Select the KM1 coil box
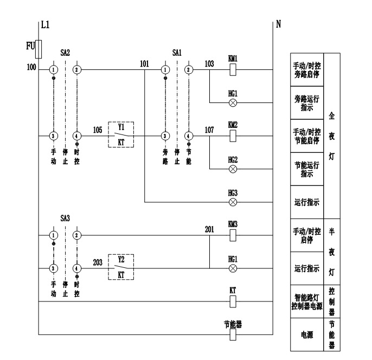click(233, 70)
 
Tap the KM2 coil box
click(233, 135)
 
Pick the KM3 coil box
click(233, 235)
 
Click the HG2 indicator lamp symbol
click(233, 168)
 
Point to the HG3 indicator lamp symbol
click(233, 202)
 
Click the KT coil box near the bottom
click(233, 300)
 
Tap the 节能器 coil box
click(233, 334)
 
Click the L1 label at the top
click(46, 24)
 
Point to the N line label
click(278, 24)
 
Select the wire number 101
click(144, 64)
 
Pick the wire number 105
click(97, 130)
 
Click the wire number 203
click(97, 262)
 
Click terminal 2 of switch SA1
click(188, 70)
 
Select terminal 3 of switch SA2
click(54, 135)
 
